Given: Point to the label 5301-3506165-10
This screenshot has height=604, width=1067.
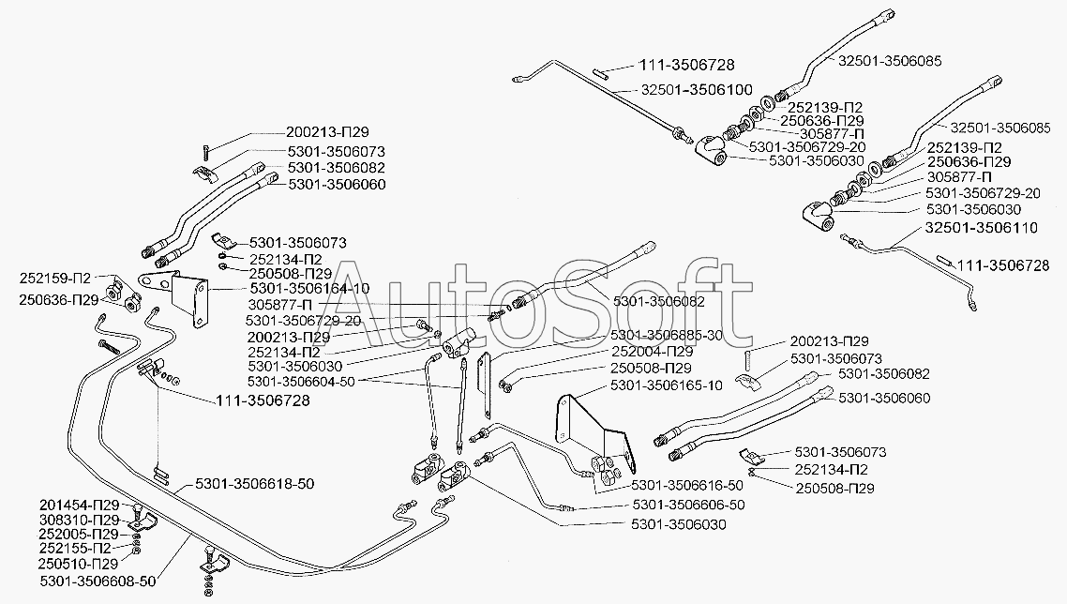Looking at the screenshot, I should click(666, 385).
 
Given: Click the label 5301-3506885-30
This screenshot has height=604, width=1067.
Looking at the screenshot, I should click(666, 335).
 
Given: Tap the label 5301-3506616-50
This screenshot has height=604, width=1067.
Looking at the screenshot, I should click(687, 485).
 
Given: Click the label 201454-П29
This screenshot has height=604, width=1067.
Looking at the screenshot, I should click(79, 505).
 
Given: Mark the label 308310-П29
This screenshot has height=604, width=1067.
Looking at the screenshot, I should click(79, 520).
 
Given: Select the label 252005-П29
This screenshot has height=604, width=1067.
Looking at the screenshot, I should click(79, 535).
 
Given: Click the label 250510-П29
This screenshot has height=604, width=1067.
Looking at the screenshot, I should click(79, 565).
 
